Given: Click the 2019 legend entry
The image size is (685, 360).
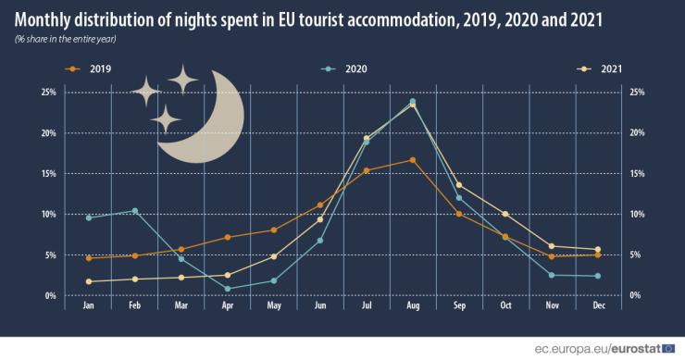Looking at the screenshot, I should tap(93, 68).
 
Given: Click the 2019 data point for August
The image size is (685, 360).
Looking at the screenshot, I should tap(413, 160).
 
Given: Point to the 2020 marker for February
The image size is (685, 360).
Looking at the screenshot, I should tap(135, 211).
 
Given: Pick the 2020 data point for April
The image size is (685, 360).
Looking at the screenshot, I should tap(228, 289).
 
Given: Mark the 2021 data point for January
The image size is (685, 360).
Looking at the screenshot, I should tap(89, 281).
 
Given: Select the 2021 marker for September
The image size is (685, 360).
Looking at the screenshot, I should tap(459, 185).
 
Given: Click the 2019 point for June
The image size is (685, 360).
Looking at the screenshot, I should tap(320, 205).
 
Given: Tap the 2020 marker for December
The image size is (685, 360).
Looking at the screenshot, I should tap(597, 276).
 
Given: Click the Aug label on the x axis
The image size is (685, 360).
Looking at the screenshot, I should tap(413, 304).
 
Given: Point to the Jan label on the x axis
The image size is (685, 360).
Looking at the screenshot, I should tap(89, 304).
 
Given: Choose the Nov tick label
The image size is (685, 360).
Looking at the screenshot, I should tap(552, 304).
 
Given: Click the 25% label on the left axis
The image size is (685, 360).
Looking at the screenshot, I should tap(48, 92).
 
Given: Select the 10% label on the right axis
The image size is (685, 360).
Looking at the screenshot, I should tap(637, 214).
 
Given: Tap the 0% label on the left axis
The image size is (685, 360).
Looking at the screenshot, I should tap(50, 295).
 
